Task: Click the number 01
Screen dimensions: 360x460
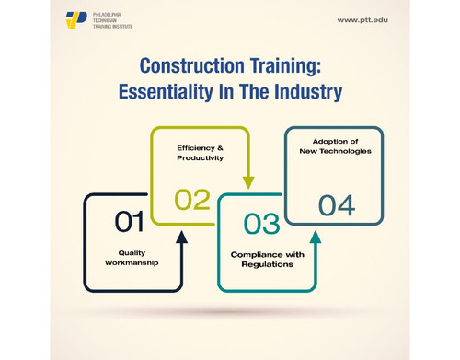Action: (129, 221)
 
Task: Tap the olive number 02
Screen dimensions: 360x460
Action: (192, 199)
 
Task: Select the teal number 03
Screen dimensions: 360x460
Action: (261, 224)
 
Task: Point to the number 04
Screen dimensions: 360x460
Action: (337, 204)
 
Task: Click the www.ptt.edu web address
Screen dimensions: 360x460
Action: (362, 19)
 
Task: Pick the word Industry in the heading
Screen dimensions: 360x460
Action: (308, 92)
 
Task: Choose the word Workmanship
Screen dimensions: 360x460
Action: (131, 262)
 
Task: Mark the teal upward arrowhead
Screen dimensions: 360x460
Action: (316, 238)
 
